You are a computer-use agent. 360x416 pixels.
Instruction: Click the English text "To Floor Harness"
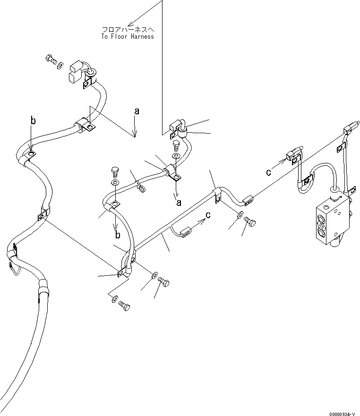(x=127, y=36)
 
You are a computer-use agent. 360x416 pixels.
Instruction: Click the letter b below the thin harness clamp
(x=117, y=235)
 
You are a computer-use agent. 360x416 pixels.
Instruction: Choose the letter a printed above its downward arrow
(x=137, y=111)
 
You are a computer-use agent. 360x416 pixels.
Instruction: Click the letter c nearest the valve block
(x=268, y=172)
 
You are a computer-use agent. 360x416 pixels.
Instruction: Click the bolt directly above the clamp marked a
(x=176, y=143)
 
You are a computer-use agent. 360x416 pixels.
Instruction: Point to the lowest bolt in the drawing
(x=124, y=306)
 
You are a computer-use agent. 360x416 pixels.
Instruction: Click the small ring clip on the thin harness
(x=141, y=189)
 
